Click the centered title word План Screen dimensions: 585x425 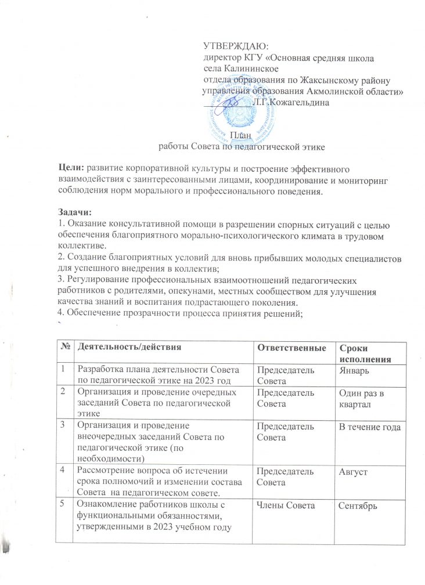241,136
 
